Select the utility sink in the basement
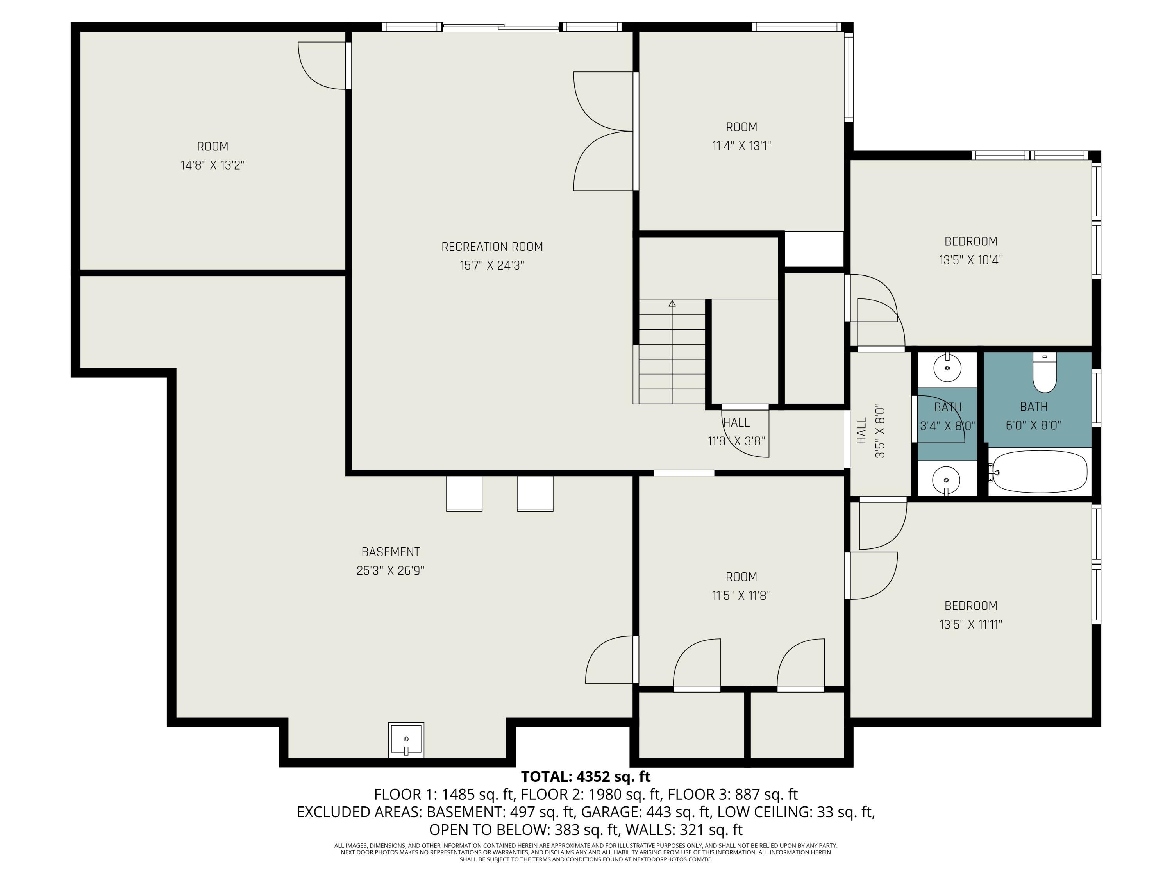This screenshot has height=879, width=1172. [x=406, y=740]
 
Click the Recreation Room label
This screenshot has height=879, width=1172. [x=492, y=247]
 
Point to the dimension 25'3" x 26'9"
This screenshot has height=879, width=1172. [x=391, y=571]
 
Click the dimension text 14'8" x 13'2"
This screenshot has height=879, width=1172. [x=213, y=165]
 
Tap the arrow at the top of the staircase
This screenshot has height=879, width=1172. [x=672, y=304]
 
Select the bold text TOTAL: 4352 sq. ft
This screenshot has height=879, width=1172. [x=586, y=777]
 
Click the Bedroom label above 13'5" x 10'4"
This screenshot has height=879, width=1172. [x=971, y=241]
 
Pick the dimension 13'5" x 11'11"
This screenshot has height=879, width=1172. [x=971, y=625]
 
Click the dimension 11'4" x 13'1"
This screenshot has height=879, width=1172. [x=741, y=146]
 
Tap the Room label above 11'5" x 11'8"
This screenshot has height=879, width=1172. [x=741, y=577]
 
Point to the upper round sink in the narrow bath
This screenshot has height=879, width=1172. [x=947, y=367]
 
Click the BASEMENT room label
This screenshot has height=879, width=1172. [x=391, y=552]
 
